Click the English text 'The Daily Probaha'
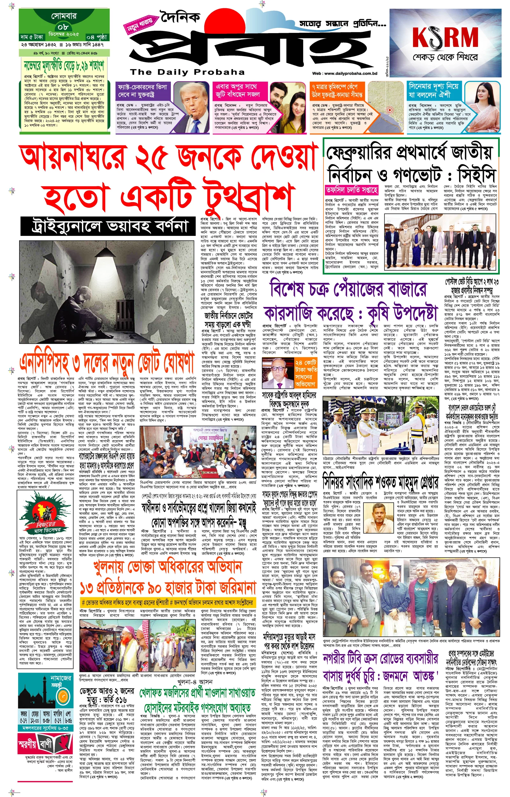pos(187,72)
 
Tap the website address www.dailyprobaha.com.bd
pos(345,74)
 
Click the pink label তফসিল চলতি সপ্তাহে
pos(351,190)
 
